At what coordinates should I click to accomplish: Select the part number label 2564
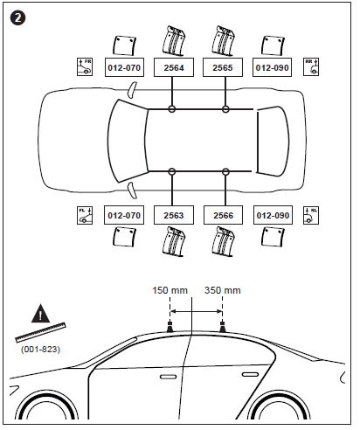click(x=171, y=66)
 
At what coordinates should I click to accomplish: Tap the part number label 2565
click(x=221, y=66)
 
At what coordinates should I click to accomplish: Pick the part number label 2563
click(x=171, y=214)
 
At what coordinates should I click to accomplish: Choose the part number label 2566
click(x=221, y=214)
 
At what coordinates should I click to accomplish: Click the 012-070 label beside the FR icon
click(x=121, y=66)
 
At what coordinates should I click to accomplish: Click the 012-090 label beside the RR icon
click(x=270, y=66)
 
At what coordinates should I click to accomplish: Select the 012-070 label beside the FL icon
click(x=121, y=214)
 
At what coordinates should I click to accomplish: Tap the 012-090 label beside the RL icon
click(x=270, y=214)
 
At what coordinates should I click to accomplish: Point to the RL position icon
click(x=310, y=214)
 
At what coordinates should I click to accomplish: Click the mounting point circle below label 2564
click(x=172, y=109)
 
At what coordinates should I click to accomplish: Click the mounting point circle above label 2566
click(x=225, y=170)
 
